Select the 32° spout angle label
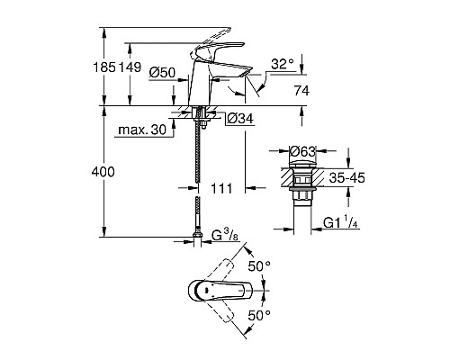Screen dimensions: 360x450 pyautogui.click(x=281, y=63)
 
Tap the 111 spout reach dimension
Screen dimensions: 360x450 pyautogui.click(x=220, y=187)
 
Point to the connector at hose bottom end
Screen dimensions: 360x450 pyautogui.click(x=196, y=240)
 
